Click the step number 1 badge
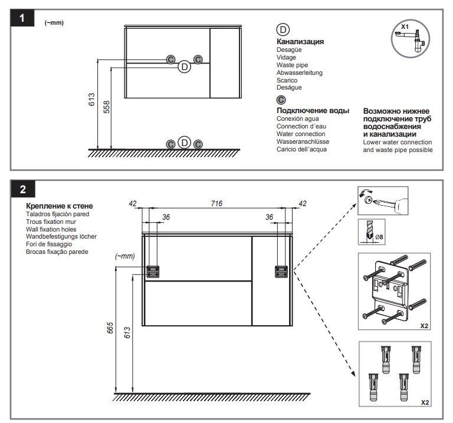tap(22, 18)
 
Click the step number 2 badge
tap(22, 189)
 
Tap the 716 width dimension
tap(216, 203)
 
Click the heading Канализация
tap(300, 42)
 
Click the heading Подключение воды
tap(313, 110)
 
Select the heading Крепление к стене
tap(60, 206)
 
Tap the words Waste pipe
tap(293, 65)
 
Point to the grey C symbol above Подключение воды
tap(281, 100)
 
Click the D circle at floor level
tap(185, 143)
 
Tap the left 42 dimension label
tap(133, 203)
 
